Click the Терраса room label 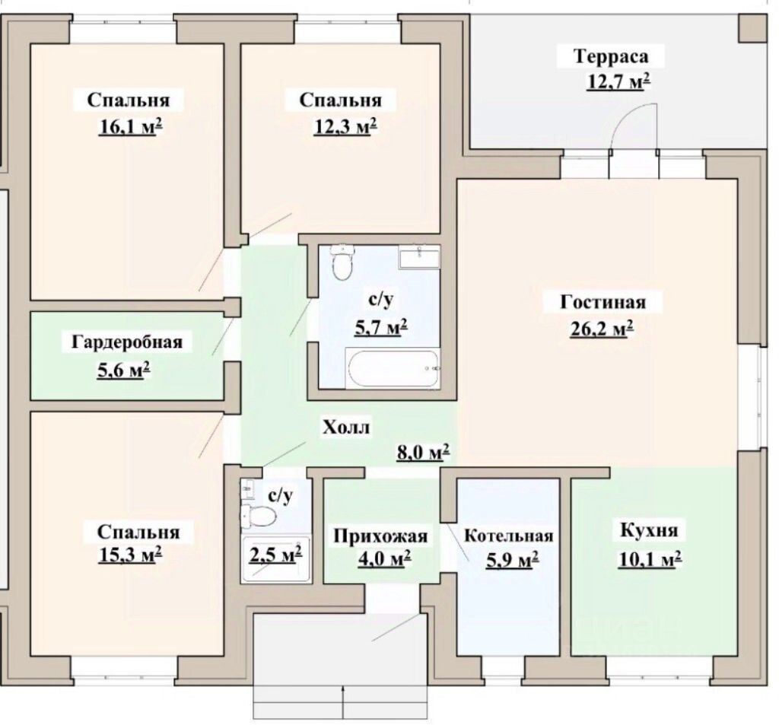611,56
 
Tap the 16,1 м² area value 131,127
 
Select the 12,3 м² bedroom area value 345,127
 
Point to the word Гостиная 603,302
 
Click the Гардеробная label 127,342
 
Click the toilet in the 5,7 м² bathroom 342,262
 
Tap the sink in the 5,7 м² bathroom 419,256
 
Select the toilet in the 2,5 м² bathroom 259,515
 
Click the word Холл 346,428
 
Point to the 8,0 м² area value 423,452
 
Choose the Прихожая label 380,536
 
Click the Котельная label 509,536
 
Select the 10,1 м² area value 650,559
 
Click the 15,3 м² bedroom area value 131,555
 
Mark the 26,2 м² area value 602,329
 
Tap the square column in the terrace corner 752,28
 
